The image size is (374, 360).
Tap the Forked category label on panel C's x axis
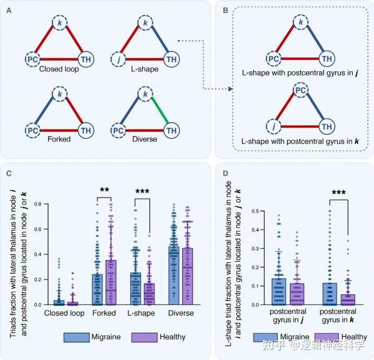(x=104, y=313)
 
